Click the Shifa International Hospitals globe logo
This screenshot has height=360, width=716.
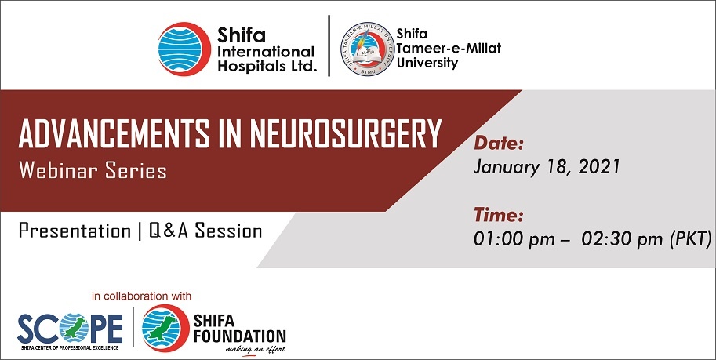tap(185, 49)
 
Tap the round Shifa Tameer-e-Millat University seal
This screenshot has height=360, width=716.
tap(367, 49)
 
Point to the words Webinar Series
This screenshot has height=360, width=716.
tap(93, 171)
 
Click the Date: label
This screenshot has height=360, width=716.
tap(499, 144)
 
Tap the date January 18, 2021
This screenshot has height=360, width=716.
tap(547, 167)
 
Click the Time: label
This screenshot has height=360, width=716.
tap(498, 214)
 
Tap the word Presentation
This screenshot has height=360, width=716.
tap(75, 231)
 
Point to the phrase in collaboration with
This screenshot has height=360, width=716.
tap(142, 296)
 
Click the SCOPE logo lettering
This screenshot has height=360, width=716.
tap(71, 329)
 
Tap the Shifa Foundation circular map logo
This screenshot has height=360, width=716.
tap(165, 329)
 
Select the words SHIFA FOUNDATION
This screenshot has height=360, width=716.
tap(240, 329)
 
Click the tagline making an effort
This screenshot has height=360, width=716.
tap(256, 350)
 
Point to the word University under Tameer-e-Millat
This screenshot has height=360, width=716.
tap(427, 63)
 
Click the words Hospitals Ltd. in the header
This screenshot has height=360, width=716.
tap(267, 66)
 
